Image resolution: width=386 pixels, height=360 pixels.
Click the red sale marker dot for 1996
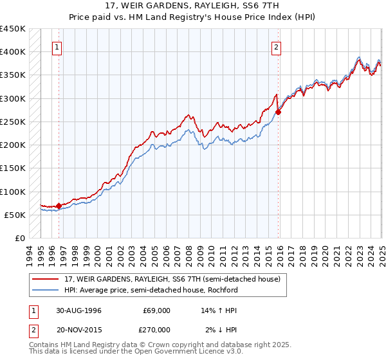59,206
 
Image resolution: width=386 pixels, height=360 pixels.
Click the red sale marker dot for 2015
279,112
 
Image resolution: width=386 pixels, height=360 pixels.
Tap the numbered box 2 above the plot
276,46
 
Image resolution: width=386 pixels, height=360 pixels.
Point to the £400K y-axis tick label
13,52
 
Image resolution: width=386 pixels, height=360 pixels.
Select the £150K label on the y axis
13,168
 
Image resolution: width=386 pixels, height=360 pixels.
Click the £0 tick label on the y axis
19,238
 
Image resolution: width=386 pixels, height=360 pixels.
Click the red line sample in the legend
45,280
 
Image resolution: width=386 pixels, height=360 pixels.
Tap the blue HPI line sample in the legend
45,290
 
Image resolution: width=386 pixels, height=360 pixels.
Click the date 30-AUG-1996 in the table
77,310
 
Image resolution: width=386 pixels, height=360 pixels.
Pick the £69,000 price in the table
158,310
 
